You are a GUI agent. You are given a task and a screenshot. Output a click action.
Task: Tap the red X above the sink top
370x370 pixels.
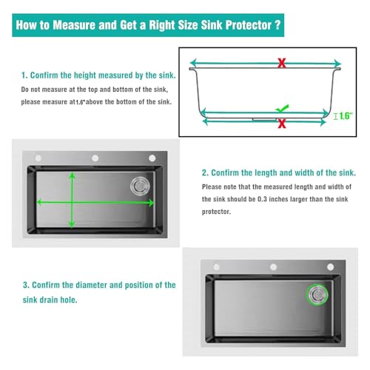click(282, 63)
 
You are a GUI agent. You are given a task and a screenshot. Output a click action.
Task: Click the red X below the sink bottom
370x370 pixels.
click(282, 124)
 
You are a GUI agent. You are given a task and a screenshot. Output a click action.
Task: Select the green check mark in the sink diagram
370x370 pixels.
click(282, 108)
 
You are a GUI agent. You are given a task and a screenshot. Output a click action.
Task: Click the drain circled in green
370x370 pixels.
click(317, 295)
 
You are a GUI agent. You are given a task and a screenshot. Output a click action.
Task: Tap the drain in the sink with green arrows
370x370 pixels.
click(140, 186)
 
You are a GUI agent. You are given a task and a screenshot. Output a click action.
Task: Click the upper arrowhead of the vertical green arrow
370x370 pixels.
click(72, 175)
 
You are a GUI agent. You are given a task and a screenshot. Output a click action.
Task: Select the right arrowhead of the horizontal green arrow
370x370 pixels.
click(150, 203)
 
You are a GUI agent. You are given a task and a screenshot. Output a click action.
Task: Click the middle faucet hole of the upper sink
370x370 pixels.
click(95, 158)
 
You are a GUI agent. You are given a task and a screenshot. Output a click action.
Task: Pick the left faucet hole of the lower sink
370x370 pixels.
click(216, 267)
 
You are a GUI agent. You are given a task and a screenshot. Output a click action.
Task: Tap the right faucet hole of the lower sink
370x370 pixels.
click(330, 267)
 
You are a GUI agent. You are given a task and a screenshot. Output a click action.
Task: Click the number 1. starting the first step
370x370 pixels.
click(24, 75)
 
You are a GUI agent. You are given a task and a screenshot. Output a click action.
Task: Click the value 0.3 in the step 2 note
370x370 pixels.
click(262, 199)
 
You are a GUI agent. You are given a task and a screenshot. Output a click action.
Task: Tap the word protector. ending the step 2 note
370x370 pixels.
click(216, 212)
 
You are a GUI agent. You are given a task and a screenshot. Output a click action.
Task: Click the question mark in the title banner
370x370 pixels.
click(277, 25)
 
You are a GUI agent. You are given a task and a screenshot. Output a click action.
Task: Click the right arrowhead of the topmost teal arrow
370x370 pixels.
click(337, 63)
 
